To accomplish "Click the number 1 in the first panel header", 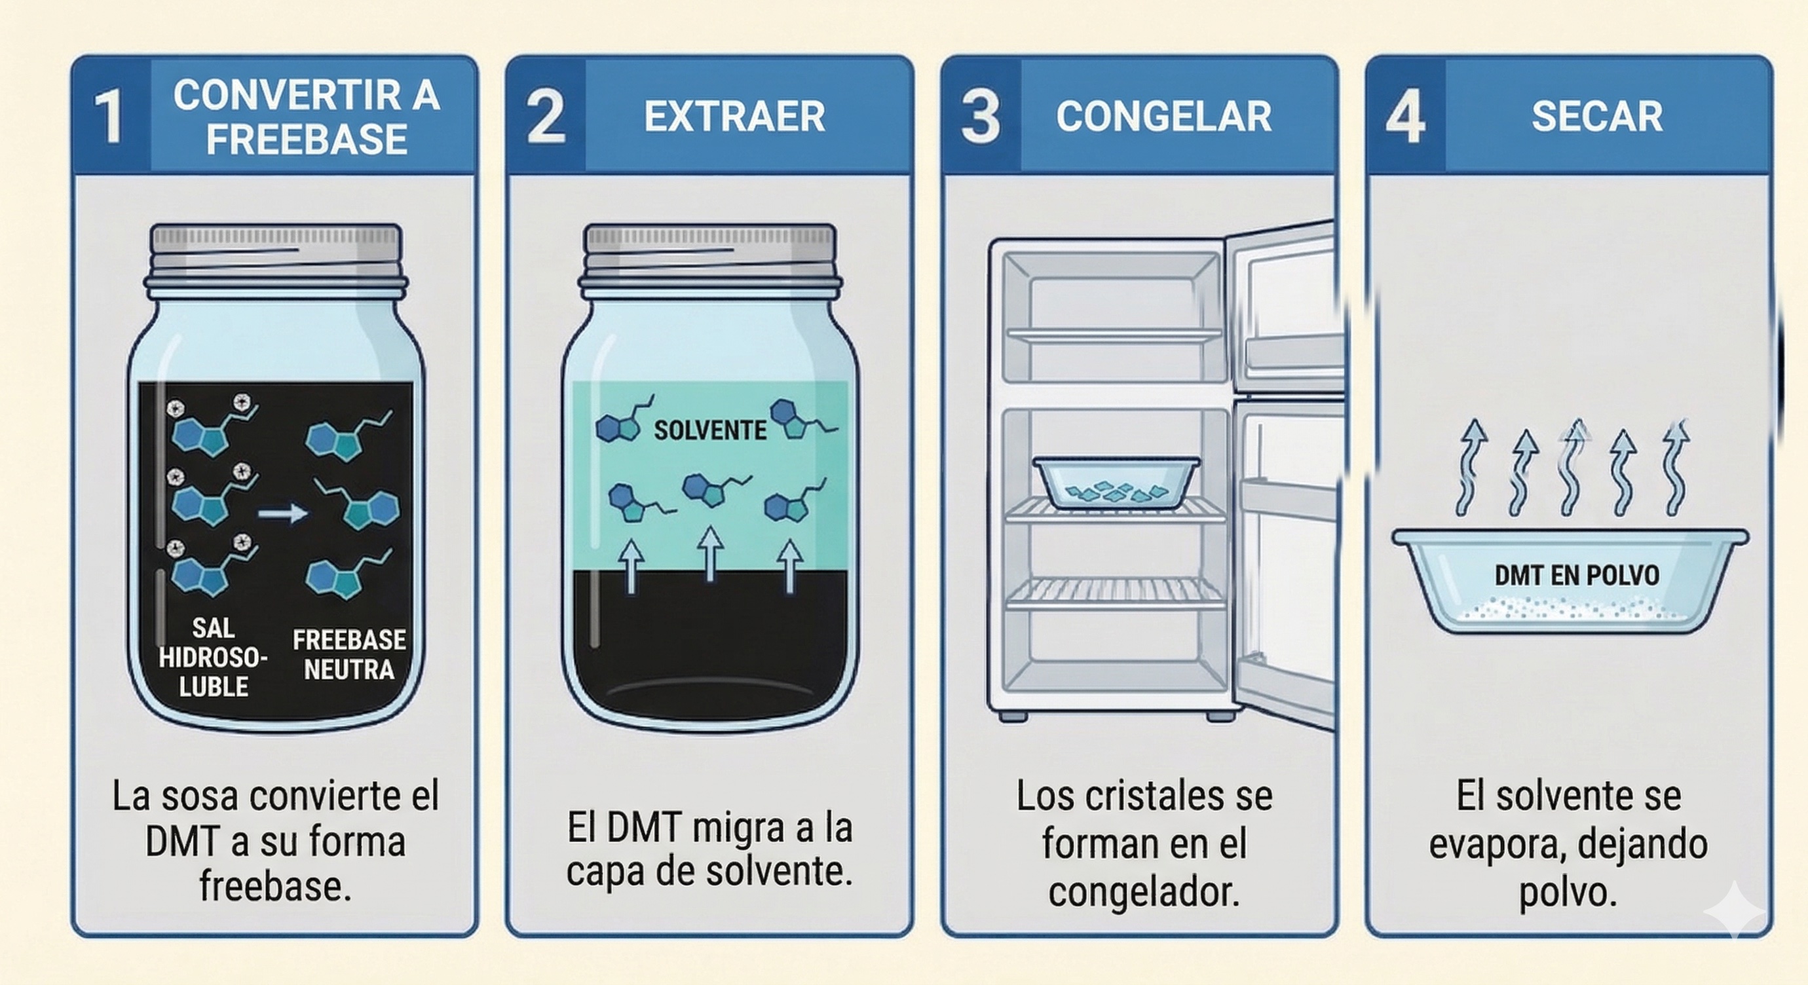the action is coord(109,117).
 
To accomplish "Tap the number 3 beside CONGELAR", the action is coord(981,117).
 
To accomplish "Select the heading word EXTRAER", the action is coord(734,117).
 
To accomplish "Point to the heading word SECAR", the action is coord(1597,117).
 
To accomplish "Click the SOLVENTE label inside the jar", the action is coord(710,430).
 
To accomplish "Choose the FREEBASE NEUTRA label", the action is coord(348,654).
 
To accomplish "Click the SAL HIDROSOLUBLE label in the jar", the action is coord(214,658).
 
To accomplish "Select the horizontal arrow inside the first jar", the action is coord(282,513).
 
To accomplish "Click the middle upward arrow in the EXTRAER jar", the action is coord(710,554).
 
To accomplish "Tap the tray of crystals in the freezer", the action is coord(1116,482).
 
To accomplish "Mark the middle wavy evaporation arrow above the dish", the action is coord(1573,468).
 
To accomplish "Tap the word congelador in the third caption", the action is coord(1144,893).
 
